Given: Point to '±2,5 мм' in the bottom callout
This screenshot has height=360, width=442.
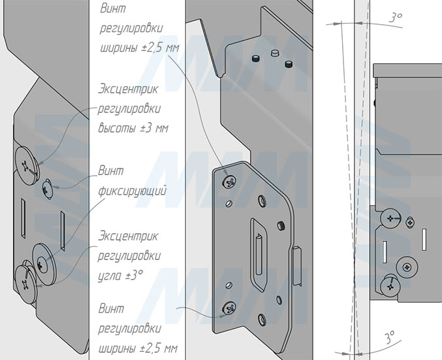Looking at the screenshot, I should (x=159, y=346).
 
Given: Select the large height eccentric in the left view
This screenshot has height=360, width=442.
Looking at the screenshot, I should (x=27, y=161).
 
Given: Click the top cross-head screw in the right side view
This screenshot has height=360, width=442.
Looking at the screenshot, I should (x=391, y=218).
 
